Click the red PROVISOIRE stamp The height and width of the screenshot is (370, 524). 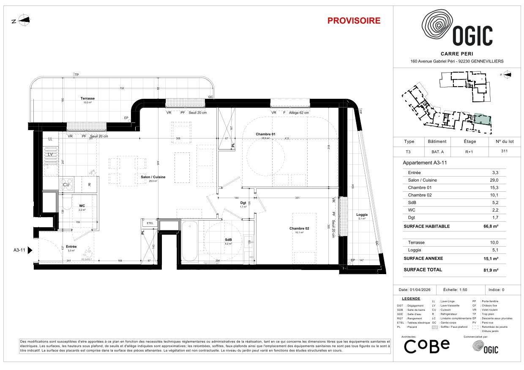click(x=354, y=21)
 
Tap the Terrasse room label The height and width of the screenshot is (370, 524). click(x=88, y=98)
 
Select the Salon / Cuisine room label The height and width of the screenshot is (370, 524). click(x=153, y=177)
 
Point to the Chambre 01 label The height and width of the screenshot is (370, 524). click(x=265, y=134)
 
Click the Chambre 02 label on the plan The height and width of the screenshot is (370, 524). click(x=299, y=229)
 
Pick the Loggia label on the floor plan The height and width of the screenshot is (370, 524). click(x=362, y=215)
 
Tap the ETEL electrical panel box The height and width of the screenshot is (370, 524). click(x=150, y=223)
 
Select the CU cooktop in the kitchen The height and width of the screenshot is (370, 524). click(x=66, y=185)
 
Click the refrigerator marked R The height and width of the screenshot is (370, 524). click(x=89, y=185)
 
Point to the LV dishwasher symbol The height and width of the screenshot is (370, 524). click(x=51, y=155)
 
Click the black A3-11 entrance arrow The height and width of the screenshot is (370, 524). click(x=30, y=250)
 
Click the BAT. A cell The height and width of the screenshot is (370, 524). click(x=437, y=151)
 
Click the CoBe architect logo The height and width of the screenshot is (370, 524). click(x=427, y=346)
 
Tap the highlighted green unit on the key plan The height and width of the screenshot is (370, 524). click(x=482, y=119)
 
